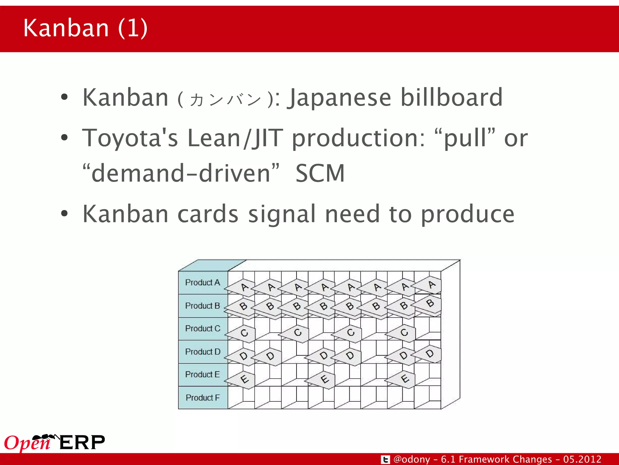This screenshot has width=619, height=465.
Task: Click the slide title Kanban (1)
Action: click(85, 28)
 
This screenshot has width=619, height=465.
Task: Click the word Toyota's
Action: click(130, 138)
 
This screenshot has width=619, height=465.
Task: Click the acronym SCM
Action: click(320, 173)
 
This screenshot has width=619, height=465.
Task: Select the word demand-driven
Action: click(181, 173)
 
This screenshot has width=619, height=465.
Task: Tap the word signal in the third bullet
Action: click(282, 214)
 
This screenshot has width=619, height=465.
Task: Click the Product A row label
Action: click(203, 282)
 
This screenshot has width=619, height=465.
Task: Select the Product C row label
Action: click(203, 328)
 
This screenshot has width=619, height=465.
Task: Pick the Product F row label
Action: click(203, 397)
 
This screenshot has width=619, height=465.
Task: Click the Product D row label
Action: click(203, 352)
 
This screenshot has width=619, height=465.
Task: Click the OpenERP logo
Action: click(54, 443)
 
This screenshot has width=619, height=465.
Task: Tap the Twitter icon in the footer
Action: click(385, 460)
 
